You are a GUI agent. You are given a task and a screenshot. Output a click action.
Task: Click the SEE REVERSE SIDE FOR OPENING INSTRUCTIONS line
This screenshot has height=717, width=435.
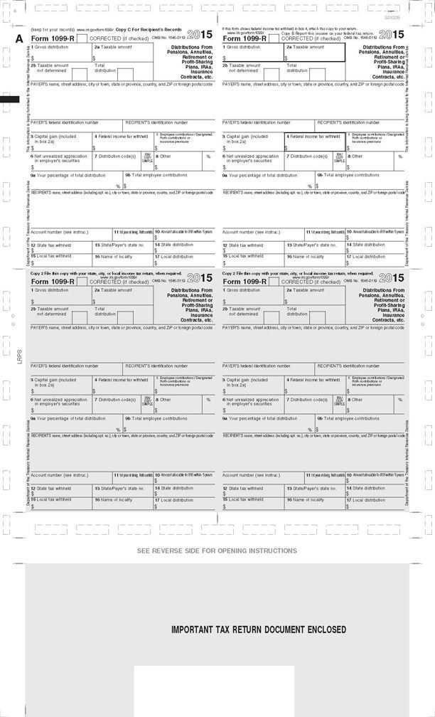click(217, 551)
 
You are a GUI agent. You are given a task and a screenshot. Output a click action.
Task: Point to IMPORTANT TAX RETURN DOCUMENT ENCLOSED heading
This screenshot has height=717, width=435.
click(258, 630)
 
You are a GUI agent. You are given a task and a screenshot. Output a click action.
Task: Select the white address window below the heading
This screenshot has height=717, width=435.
click(214, 690)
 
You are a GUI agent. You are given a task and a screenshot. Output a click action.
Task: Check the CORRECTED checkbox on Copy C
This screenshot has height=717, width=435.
click(82, 38)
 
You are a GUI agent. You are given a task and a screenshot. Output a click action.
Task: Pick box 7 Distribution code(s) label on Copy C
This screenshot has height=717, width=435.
click(114, 156)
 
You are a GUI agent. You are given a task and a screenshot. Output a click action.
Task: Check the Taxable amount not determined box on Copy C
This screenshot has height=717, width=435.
click(80, 73)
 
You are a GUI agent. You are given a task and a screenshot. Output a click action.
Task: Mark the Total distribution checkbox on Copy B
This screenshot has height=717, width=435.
click(317, 73)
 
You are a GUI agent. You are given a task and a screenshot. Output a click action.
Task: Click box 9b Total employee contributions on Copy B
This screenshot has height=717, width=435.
click(348, 174)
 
